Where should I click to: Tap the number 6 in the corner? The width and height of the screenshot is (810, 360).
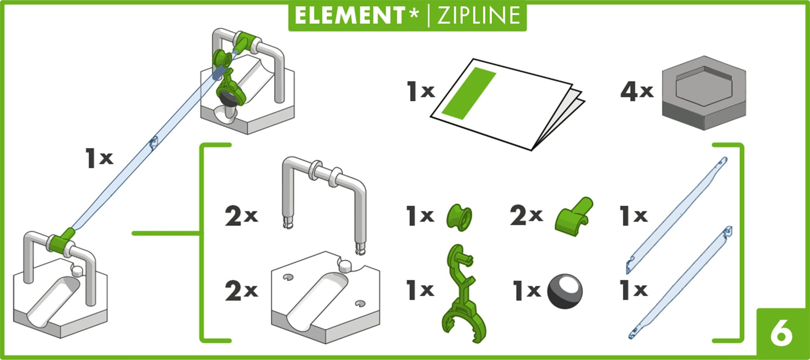(781, 333)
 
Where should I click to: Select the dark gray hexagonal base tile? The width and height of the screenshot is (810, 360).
(704, 93)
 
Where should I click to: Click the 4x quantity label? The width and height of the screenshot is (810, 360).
(637, 92)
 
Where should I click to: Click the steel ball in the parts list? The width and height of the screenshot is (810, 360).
(565, 291)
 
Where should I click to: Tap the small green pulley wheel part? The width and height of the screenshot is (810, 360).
(460, 216)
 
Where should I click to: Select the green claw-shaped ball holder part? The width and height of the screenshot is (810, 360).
(463, 293)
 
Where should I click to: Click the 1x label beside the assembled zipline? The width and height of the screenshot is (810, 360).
(99, 158)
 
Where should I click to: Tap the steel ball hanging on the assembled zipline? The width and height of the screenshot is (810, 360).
(228, 99)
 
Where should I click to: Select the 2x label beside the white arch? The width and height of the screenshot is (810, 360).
(241, 216)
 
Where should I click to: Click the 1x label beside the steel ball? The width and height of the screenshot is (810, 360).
(527, 290)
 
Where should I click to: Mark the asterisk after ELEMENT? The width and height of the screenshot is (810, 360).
(413, 14)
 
